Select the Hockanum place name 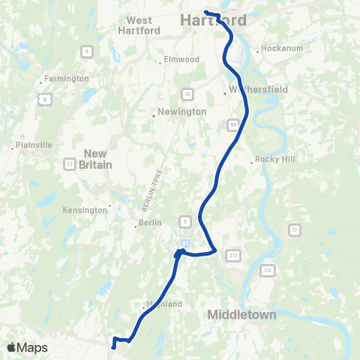point(280,50)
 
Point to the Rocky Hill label point(277,159)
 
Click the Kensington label point(85,210)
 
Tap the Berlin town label point(147,224)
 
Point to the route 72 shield point(69,163)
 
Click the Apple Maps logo point(27,347)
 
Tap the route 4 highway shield point(88,51)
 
